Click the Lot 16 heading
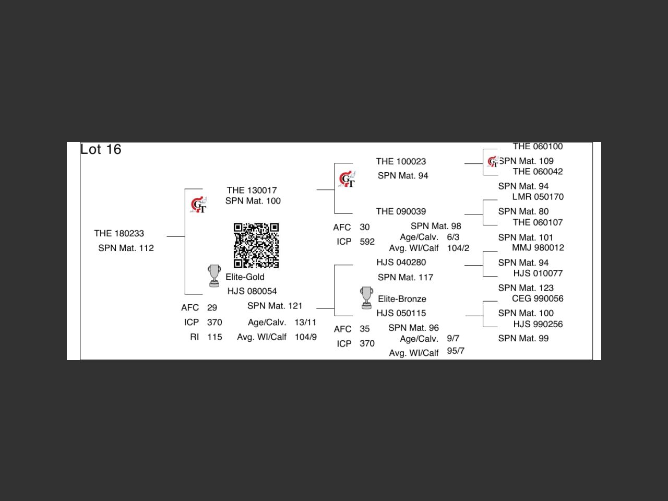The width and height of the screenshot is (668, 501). coord(101,149)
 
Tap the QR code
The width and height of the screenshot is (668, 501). coord(256,245)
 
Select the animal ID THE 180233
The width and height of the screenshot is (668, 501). coord(119,233)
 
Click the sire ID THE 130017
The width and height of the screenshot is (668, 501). coord(252,190)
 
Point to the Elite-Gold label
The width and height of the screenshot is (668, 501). coord(245,277)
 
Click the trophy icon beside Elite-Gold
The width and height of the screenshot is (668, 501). coord(214,276)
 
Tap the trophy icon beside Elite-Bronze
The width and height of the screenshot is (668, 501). coord(367,297)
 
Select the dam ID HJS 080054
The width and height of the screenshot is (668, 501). coord(252,291)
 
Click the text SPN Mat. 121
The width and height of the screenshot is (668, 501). coord(275,306)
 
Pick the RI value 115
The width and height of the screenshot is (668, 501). coord(214,337)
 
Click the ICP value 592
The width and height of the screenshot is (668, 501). coord(367,242)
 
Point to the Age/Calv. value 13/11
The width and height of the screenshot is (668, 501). coord(305,322)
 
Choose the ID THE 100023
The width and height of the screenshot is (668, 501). coord(401,161)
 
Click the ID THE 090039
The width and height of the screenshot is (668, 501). coord(401,211)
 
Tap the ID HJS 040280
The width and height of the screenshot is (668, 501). coord(401,262)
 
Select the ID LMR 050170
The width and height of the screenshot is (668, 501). coord(538,197)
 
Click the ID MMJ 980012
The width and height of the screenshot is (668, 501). coord(538,247)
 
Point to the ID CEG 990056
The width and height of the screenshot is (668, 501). coord(538,299)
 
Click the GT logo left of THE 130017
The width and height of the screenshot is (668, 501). coord(199,205)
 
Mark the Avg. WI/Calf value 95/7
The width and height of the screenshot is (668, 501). coord(456,351)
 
